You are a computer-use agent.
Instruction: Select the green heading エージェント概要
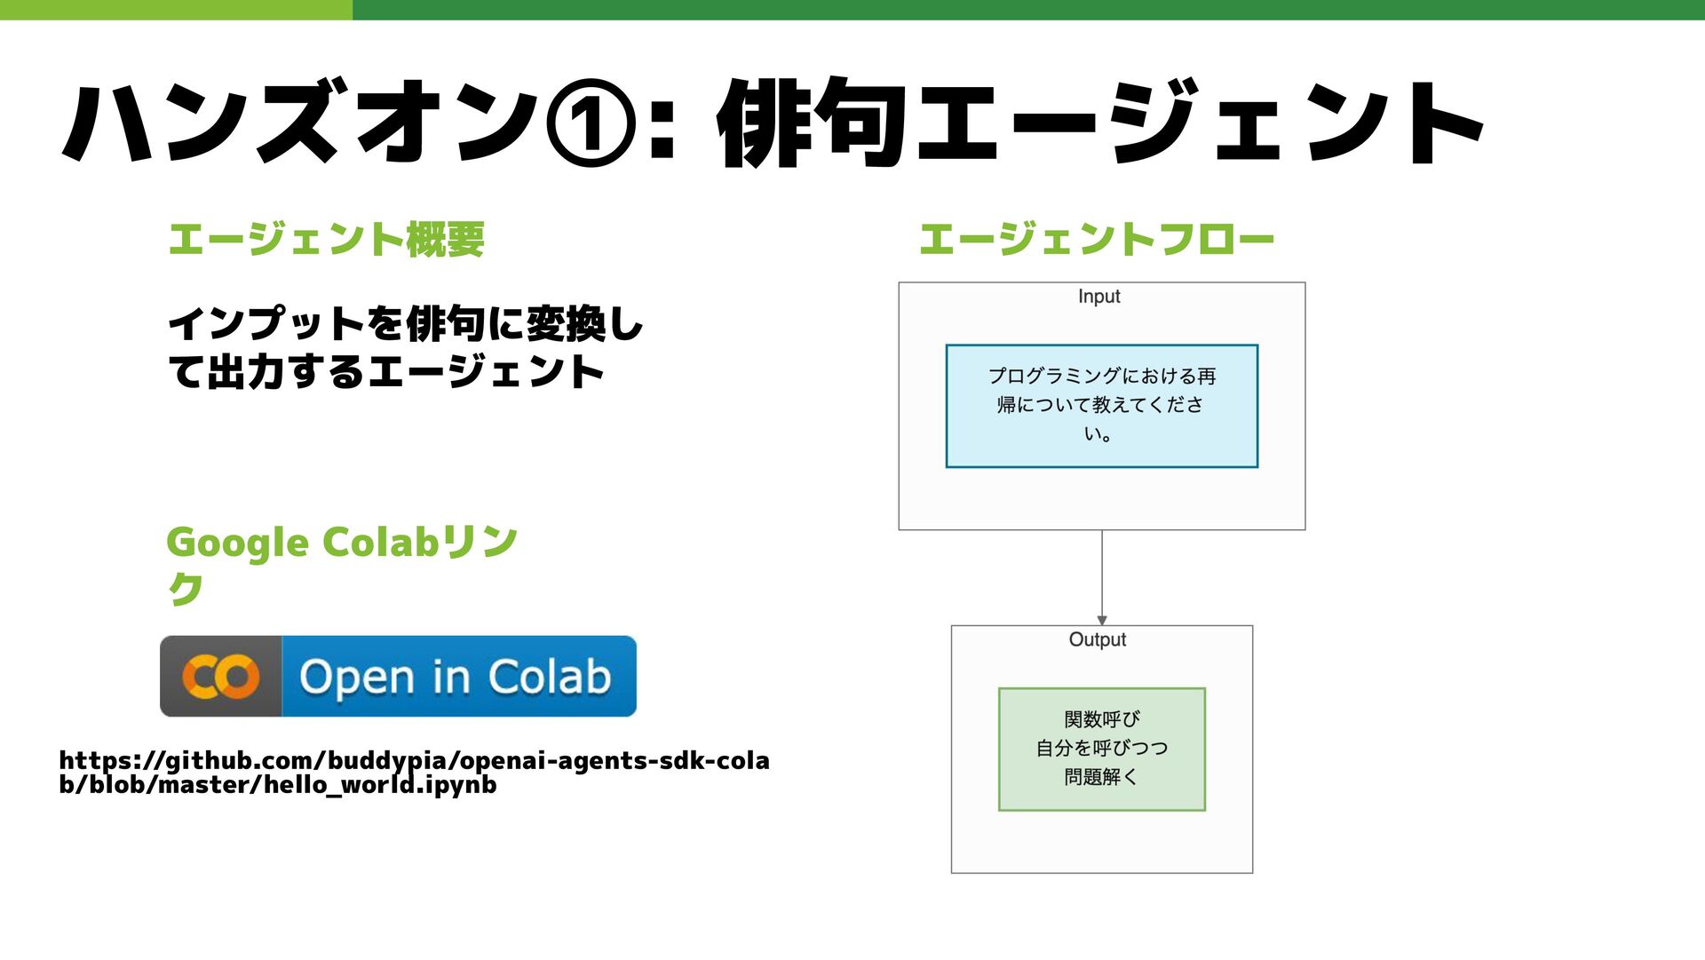[326, 240]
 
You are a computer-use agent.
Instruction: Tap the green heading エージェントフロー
[1097, 240]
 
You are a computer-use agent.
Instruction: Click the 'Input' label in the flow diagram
[1098, 297]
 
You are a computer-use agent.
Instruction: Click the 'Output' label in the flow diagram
[1097, 639]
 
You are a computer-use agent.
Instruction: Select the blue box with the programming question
[1101, 406]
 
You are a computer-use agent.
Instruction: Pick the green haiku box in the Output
[1101, 749]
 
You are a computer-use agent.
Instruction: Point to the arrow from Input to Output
[1102, 577]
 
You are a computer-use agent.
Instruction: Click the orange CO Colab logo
[221, 677]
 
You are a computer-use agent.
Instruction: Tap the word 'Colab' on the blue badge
[550, 677]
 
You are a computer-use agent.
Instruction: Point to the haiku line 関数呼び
[1101, 718]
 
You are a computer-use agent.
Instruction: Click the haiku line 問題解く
[1101, 777]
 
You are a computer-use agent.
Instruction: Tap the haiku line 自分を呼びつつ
[1101, 748]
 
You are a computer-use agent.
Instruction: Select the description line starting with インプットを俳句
[405, 324]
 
